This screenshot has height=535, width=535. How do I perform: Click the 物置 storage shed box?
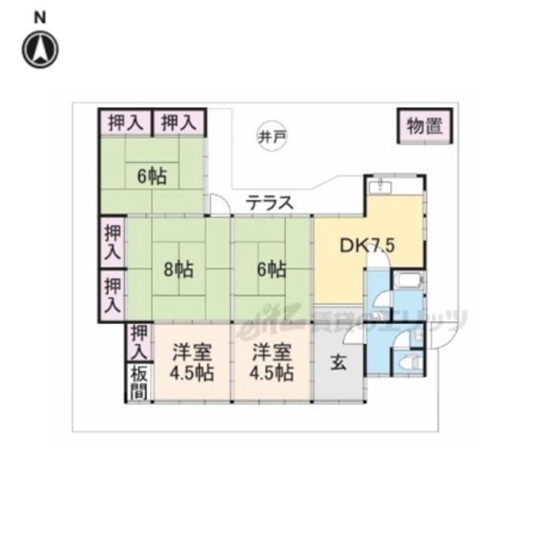click(x=424, y=126)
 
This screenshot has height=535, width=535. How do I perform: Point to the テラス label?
click(x=270, y=202)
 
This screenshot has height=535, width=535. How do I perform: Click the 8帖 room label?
click(x=178, y=269)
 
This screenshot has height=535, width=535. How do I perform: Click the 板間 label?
click(x=138, y=383)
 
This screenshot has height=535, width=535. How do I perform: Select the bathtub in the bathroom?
click(x=409, y=282)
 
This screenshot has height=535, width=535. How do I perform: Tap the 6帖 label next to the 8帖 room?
click(x=271, y=269)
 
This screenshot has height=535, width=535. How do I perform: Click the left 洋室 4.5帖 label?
click(x=191, y=362)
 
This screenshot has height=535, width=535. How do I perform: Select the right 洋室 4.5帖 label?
click(x=271, y=362)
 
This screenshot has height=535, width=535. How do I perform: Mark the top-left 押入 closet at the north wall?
click(x=125, y=122)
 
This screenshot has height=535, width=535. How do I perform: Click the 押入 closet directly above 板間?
click(x=138, y=342)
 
